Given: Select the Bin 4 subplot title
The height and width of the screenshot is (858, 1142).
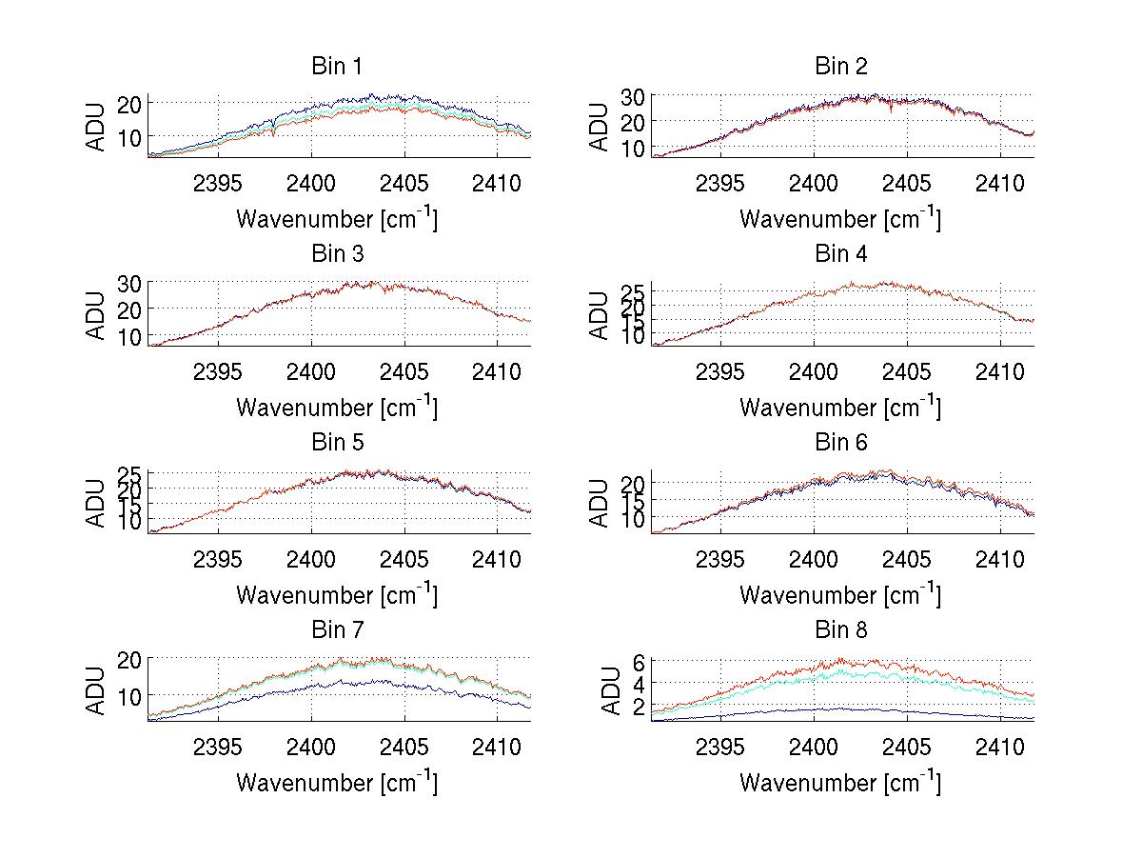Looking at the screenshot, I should pyautogui.click(x=841, y=254).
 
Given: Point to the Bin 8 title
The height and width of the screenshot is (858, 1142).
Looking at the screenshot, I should pyautogui.click(x=841, y=630).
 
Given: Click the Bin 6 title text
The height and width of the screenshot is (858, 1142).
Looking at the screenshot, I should pyautogui.click(x=841, y=443).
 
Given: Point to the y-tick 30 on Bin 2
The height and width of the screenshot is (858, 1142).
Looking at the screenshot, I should pyautogui.click(x=635, y=96).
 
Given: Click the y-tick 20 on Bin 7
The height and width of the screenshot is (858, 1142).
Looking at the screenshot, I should pyautogui.click(x=131, y=659).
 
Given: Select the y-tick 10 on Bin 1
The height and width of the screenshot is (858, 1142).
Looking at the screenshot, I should pyautogui.click(x=131, y=137).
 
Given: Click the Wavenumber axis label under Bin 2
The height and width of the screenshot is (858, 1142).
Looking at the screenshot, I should pyautogui.click(x=840, y=219).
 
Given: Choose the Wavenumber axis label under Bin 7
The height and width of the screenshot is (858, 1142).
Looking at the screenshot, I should pyautogui.click(x=337, y=783).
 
